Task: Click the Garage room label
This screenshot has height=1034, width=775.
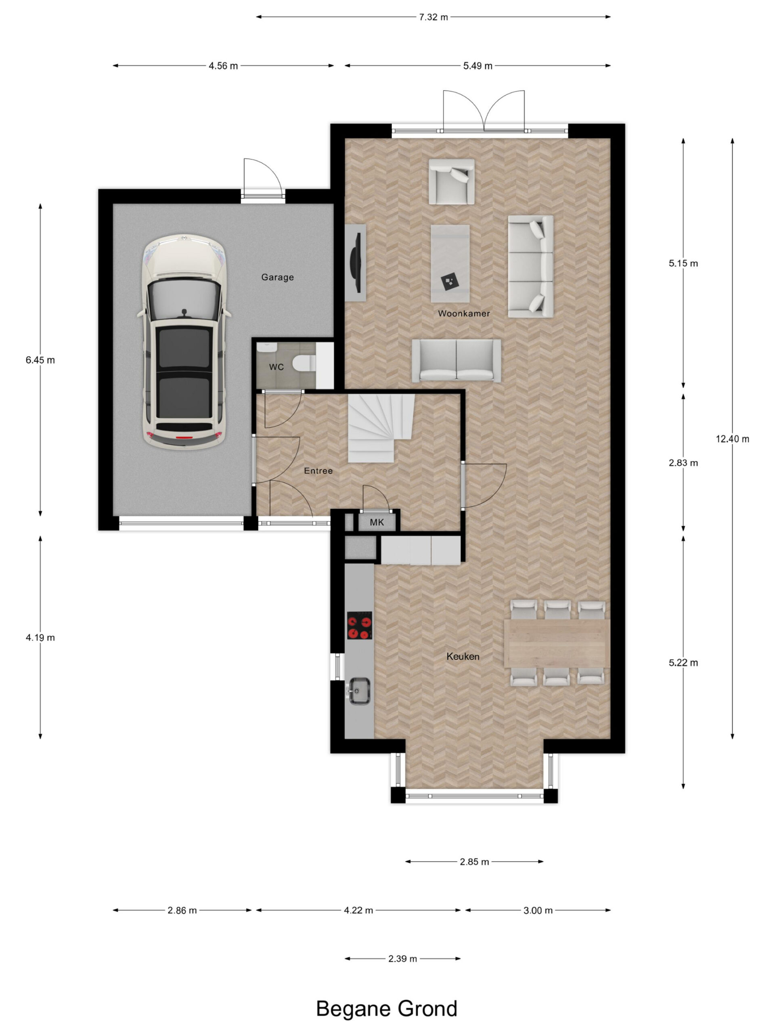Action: (277, 277)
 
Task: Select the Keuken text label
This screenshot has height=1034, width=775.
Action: (463, 656)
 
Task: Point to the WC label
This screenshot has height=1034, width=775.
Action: (276, 367)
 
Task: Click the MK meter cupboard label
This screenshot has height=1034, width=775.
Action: (377, 522)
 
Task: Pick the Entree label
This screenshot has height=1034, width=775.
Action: (318, 471)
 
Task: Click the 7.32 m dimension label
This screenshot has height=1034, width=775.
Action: (433, 17)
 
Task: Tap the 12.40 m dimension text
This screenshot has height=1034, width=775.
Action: (732, 439)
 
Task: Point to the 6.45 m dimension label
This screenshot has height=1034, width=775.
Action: (40, 360)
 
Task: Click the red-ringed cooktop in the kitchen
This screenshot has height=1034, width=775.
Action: (359, 625)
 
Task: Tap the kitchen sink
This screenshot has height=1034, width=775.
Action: (359, 690)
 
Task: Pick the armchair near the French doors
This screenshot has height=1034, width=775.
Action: (451, 181)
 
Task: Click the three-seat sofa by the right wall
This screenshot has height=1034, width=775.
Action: (530, 267)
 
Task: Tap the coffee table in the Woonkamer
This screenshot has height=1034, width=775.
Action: (450, 263)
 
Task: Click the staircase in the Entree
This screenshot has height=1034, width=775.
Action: (381, 428)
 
